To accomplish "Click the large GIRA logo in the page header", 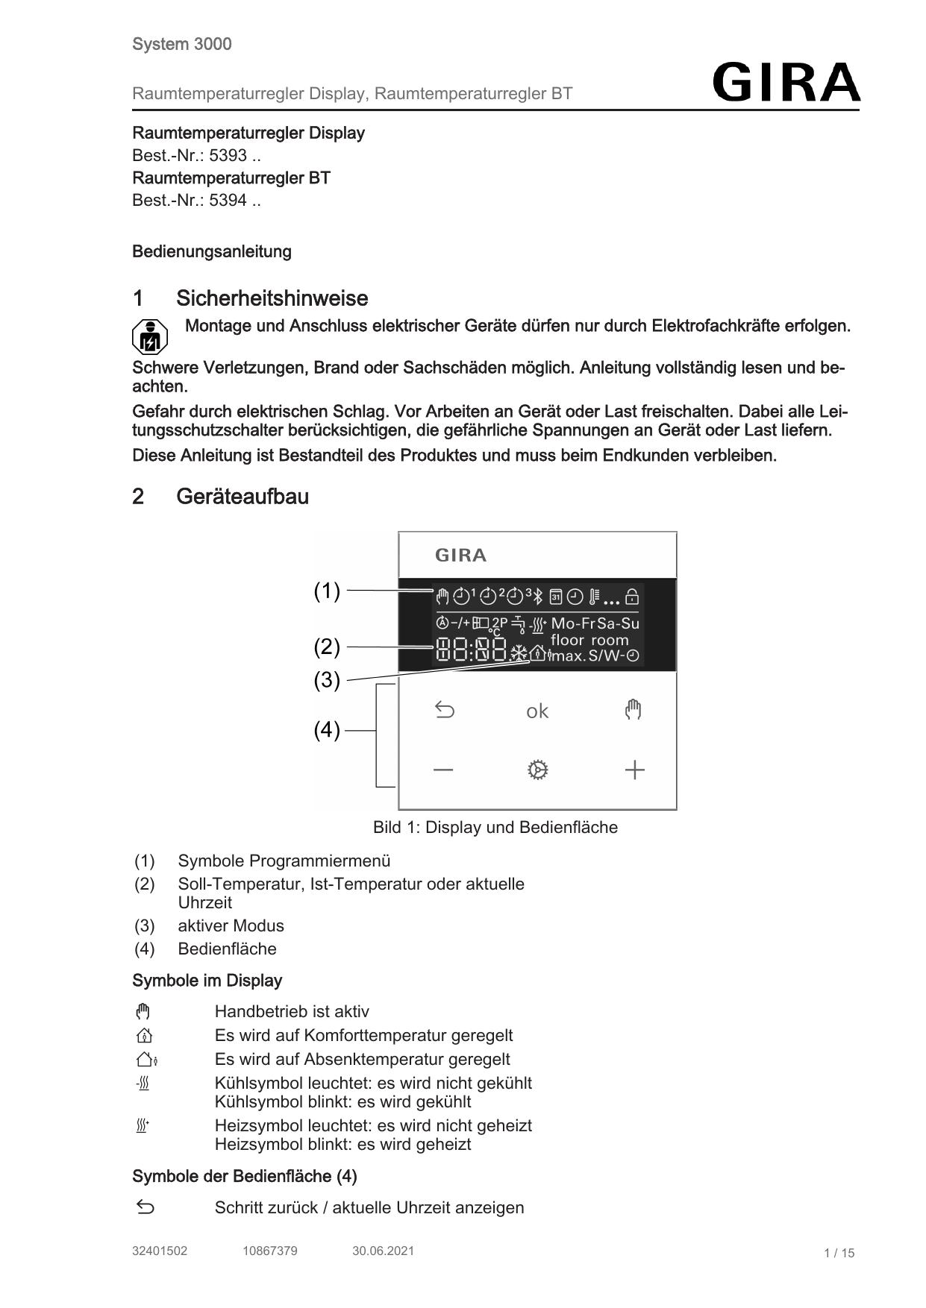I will point(786,82).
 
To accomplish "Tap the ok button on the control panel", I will point(536,711).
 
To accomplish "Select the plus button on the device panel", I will point(634,770).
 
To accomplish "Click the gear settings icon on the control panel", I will point(537,770).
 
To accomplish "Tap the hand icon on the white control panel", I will point(633,709).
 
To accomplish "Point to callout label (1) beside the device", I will point(327,591).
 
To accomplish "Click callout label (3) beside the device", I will point(327,680).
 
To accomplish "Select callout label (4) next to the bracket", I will point(327,730).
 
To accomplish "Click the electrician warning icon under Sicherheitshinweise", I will point(150,337).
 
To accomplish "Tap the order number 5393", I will point(228,156).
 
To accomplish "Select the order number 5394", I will point(228,201).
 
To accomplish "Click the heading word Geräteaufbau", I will point(243,497).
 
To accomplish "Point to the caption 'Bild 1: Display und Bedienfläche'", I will point(495,828).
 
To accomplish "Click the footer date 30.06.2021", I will point(383,1251).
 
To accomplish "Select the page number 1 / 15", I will point(839,1253).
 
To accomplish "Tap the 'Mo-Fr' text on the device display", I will point(573,623).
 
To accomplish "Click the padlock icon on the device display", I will point(632,597).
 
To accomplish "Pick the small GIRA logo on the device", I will point(460,556).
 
